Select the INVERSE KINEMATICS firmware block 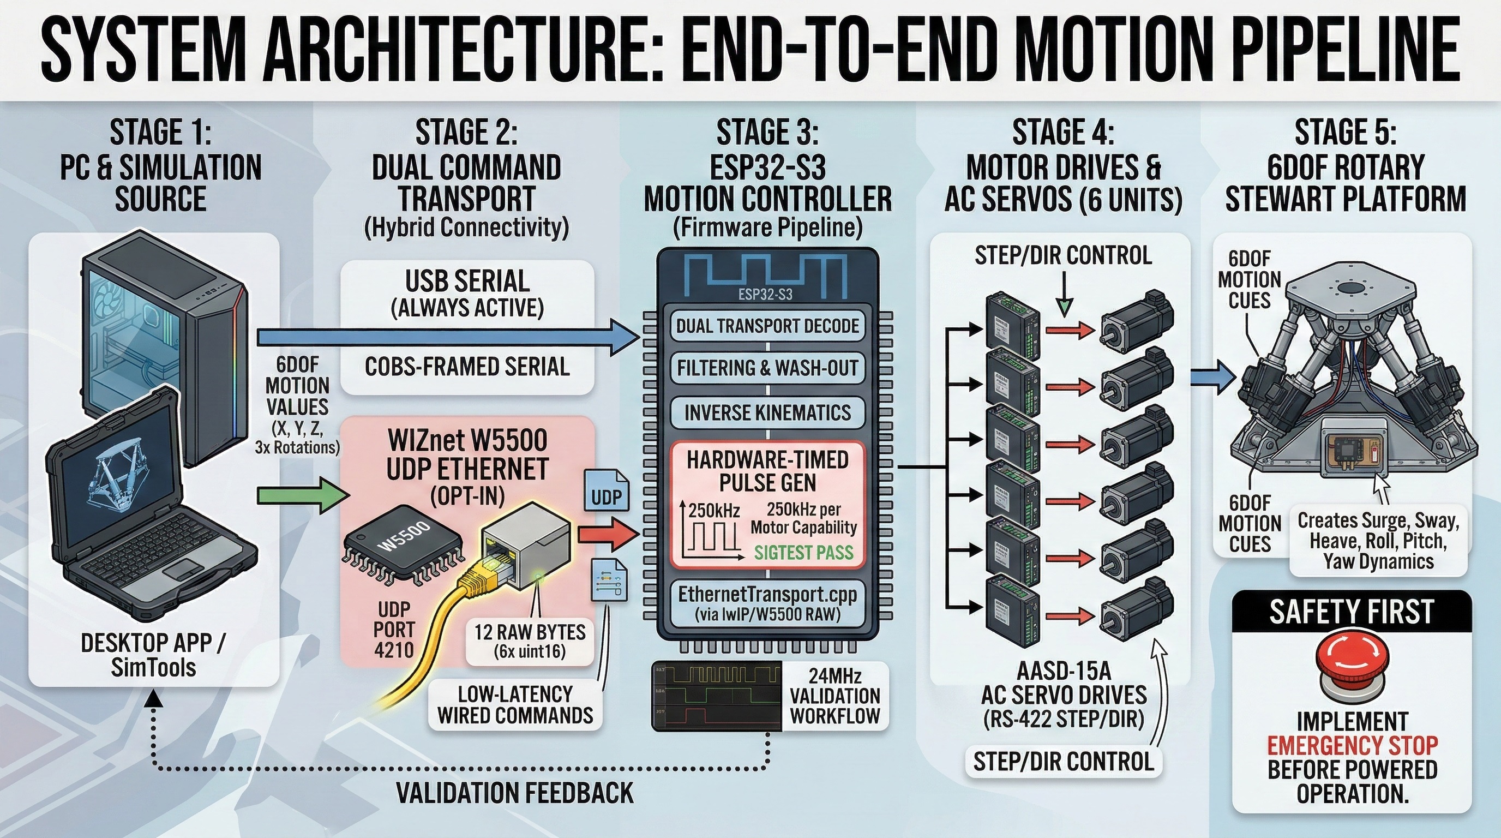click(x=767, y=413)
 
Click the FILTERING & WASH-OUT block click(x=767, y=368)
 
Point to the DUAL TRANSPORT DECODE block click(x=767, y=326)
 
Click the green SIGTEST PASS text click(x=803, y=552)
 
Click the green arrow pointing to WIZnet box click(x=303, y=495)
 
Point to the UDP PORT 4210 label click(x=394, y=630)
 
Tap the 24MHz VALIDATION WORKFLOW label click(x=835, y=695)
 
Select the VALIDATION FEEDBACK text click(x=514, y=793)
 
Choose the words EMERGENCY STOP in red click(x=1353, y=745)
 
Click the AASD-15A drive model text click(x=1064, y=672)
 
